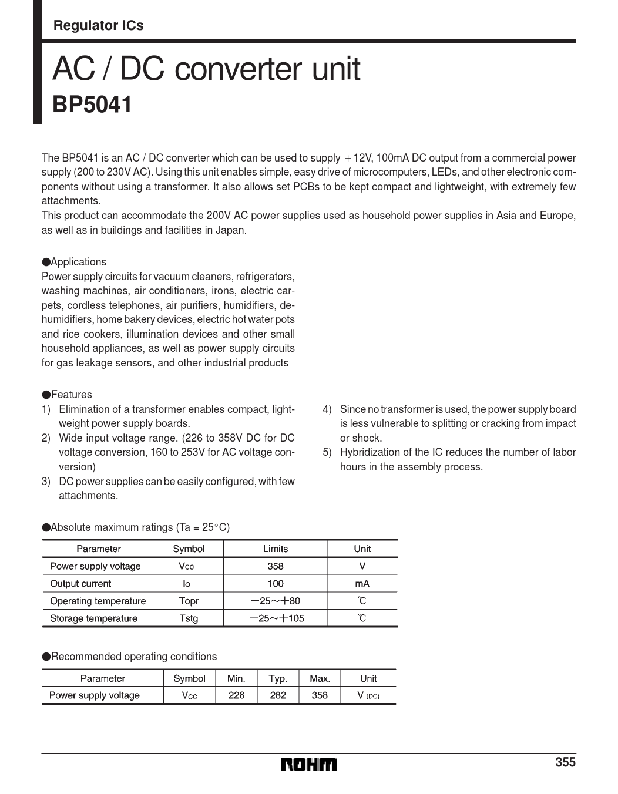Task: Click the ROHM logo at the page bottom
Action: tap(309, 764)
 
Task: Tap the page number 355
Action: tap(565, 762)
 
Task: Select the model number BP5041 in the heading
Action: tap(92, 105)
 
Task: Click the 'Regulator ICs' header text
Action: tap(98, 25)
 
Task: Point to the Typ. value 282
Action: tap(278, 695)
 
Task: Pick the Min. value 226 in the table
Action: tap(236, 695)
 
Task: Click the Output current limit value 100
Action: tap(275, 584)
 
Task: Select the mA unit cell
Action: tap(362, 584)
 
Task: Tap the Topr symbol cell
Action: tap(189, 601)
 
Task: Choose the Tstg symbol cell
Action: tap(189, 618)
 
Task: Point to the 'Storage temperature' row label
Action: tap(93, 618)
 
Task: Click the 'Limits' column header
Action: tap(275, 549)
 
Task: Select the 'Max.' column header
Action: tap(320, 678)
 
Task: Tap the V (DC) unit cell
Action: tap(368, 695)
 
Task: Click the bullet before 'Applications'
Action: tap(46, 262)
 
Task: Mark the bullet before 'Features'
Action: tap(46, 395)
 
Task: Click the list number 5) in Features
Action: tap(327, 452)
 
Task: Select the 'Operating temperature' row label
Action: tap(98, 601)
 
